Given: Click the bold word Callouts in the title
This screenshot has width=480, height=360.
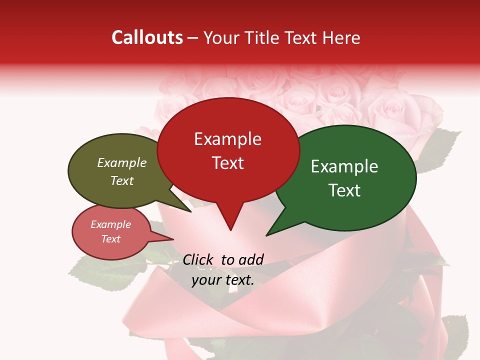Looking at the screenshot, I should click(x=147, y=37).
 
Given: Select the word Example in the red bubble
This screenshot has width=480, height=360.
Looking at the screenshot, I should click(x=227, y=139).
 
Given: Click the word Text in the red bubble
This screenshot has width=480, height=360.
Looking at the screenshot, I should click(x=227, y=163).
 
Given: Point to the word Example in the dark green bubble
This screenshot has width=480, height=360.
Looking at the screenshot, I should click(x=344, y=166).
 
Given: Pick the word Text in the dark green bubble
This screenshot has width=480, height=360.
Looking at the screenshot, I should click(x=344, y=190).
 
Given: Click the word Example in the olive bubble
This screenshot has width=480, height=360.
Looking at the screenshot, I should click(x=122, y=162).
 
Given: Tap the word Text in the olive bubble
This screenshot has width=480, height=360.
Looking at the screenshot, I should click(x=122, y=180).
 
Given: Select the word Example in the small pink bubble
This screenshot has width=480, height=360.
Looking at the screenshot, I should click(x=110, y=224).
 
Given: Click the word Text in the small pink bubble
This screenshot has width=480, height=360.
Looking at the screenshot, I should click(x=110, y=239).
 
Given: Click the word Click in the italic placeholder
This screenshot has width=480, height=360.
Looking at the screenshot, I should click(x=198, y=259).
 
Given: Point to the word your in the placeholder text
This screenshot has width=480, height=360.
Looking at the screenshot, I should click(x=205, y=280).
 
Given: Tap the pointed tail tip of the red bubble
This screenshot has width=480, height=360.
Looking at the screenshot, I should click(x=230, y=230).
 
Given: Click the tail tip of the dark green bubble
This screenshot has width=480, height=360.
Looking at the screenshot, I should click(x=266, y=235).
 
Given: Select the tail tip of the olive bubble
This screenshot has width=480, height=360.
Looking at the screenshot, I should click(x=191, y=212).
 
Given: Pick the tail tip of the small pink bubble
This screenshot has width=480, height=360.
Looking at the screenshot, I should click(x=173, y=239).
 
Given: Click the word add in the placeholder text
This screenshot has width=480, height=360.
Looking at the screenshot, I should click(x=250, y=259).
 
